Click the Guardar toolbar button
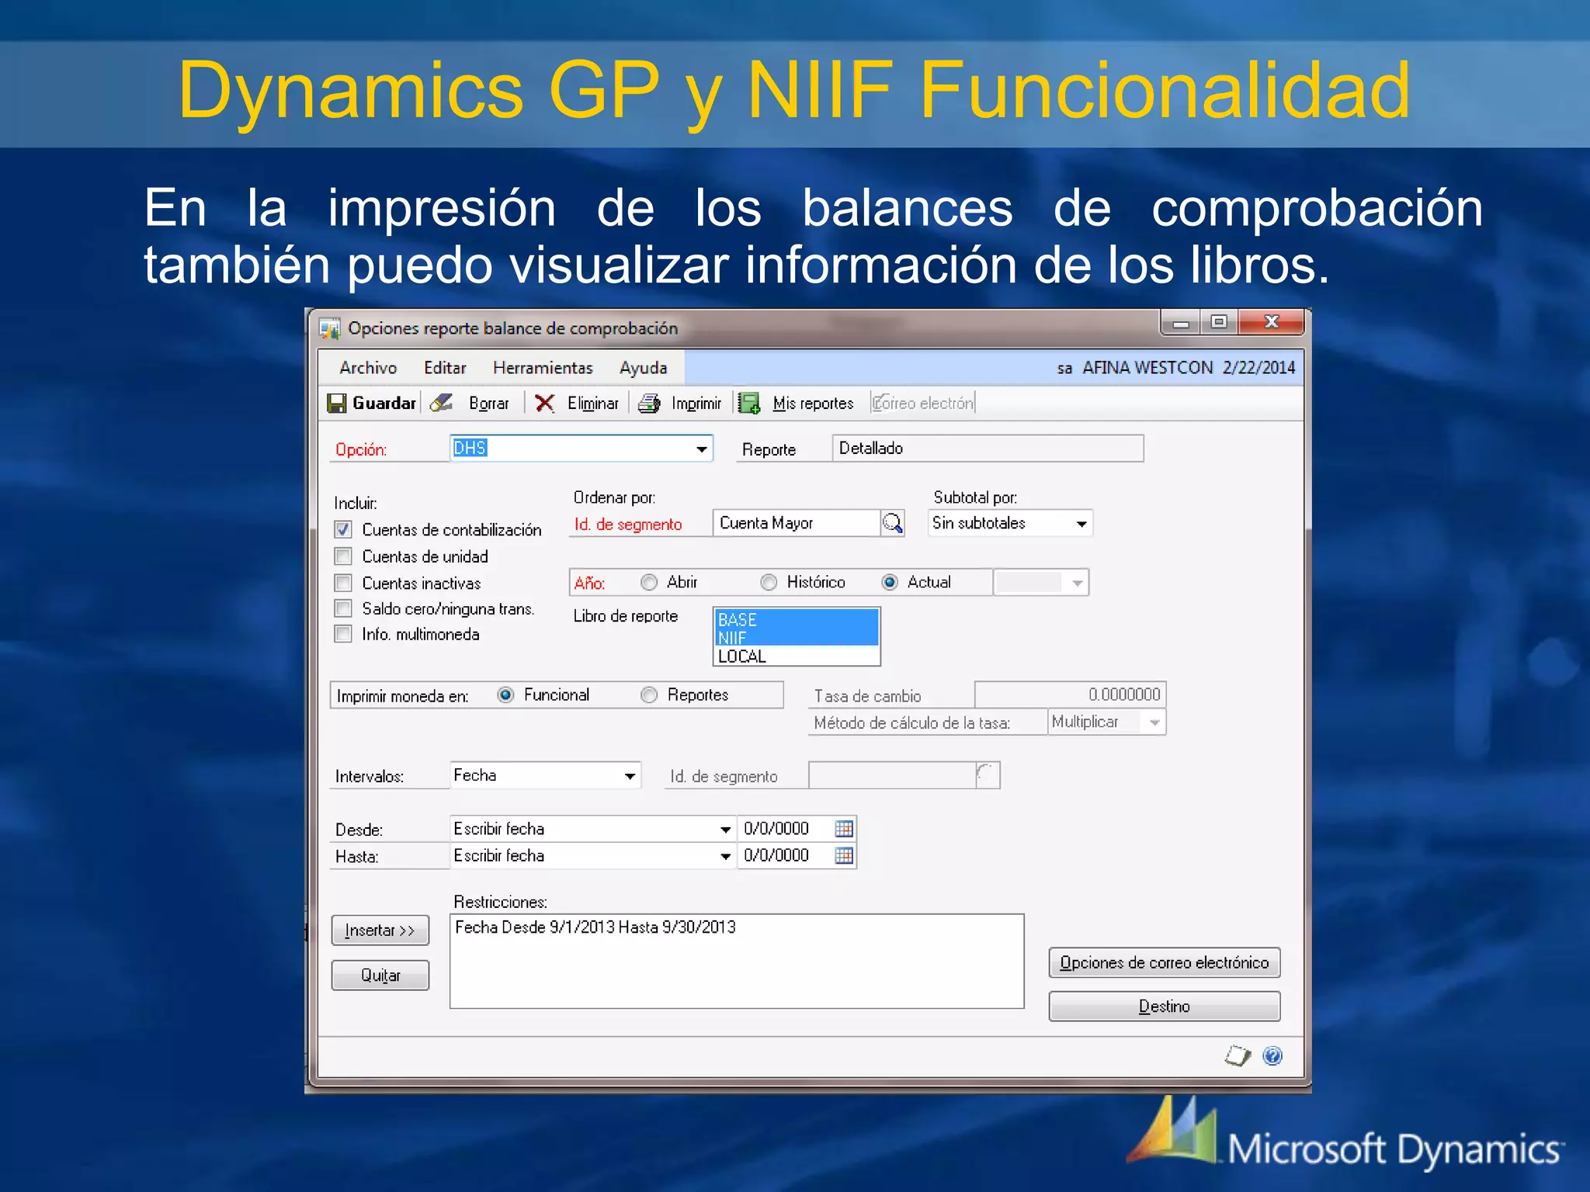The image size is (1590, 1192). tap(373, 403)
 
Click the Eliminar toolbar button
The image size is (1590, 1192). tap(578, 403)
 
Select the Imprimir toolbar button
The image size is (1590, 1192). tap(680, 403)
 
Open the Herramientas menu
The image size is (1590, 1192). tap(543, 368)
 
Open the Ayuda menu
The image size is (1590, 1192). tap(643, 368)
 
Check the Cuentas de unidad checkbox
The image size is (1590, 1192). tap(343, 556)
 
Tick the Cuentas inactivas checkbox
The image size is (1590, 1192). tap(343, 583)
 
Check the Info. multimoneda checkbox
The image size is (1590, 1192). tap(343, 634)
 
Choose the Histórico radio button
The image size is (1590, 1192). tap(769, 582)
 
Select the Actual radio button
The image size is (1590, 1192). tap(890, 582)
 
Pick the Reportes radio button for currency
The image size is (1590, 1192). tap(649, 695)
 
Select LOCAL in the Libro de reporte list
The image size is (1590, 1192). tap(742, 657)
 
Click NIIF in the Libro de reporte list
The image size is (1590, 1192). tap(732, 638)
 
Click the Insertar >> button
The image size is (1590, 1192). tap(380, 930)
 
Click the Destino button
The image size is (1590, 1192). tap(1164, 1007)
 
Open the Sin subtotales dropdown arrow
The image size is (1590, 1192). tap(1081, 524)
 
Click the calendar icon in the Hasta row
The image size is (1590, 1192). tap(844, 855)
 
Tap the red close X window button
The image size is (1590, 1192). tap(1271, 322)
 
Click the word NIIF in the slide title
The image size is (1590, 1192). tap(820, 91)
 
